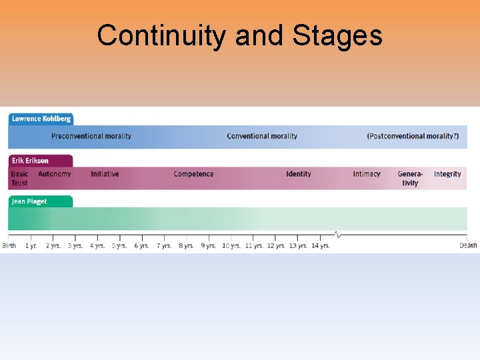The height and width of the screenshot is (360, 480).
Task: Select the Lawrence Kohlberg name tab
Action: point(41,119)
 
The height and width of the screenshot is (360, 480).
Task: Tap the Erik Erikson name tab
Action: point(30,161)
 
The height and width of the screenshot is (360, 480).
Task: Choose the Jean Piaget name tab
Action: point(29,201)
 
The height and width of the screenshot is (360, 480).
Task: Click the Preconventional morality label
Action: point(91,136)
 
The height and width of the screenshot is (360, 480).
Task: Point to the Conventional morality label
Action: point(262,136)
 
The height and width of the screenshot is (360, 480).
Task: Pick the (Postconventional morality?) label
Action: point(413,136)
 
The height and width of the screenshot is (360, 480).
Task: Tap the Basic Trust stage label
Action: point(19,178)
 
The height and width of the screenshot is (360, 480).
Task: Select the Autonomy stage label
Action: point(54,174)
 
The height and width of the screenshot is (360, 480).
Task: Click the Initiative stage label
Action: point(105,174)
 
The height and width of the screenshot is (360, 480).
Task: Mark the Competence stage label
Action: point(193,174)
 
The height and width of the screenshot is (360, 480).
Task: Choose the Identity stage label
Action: point(299,174)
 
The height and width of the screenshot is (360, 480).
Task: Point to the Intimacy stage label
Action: point(367,174)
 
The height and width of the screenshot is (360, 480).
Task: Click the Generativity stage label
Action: point(410,178)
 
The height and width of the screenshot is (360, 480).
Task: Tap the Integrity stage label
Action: point(447,174)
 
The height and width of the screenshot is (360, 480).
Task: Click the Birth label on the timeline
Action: point(9,245)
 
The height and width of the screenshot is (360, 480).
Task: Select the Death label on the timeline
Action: point(468,245)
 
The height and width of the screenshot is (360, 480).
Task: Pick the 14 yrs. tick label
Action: point(320,245)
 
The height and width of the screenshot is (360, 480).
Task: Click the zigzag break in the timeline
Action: point(337,235)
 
